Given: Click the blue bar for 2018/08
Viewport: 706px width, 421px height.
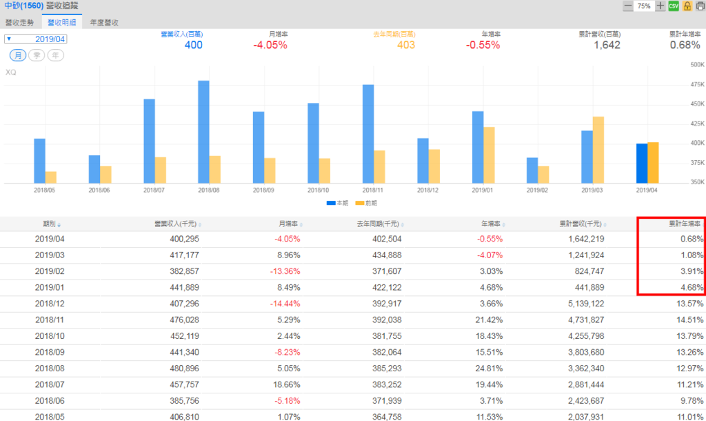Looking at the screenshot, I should coord(203,131).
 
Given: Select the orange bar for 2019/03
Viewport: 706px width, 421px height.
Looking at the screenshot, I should coord(598,150).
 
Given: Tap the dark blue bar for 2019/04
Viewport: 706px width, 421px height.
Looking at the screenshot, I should coord(641,163).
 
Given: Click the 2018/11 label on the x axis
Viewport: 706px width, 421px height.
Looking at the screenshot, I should coord(373,190).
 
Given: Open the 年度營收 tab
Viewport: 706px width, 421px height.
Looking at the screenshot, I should coord(104,22).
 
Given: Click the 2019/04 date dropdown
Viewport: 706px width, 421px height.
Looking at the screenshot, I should coord(36,39).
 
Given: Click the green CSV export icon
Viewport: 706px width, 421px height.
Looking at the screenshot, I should coord(674,6).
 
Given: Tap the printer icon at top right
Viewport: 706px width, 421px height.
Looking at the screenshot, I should coord(698,6).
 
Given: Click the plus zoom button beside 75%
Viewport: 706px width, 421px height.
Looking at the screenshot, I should coord(660,6).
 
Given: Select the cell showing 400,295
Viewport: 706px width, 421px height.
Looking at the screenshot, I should coord(182,239).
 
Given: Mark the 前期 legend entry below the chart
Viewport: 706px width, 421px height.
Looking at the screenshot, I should coord(371,203).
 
